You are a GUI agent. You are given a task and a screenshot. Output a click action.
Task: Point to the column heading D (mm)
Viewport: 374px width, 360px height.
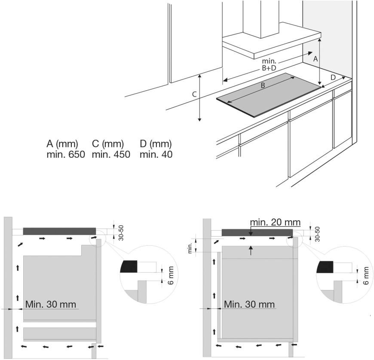(156, 143)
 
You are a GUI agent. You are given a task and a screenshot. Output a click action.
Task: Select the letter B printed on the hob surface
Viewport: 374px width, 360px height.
(263, 85)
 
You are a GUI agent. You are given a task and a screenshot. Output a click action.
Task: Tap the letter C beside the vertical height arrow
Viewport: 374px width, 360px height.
(194, 94)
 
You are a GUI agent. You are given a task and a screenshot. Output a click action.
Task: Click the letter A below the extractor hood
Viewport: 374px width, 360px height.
(315, 59)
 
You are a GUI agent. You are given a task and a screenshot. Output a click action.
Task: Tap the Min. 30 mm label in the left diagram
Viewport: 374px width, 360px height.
(51, 304)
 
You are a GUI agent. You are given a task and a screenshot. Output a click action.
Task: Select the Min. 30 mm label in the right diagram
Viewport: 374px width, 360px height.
(249, 304)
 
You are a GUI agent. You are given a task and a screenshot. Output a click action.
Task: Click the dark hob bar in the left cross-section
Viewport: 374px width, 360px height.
(59, 231)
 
